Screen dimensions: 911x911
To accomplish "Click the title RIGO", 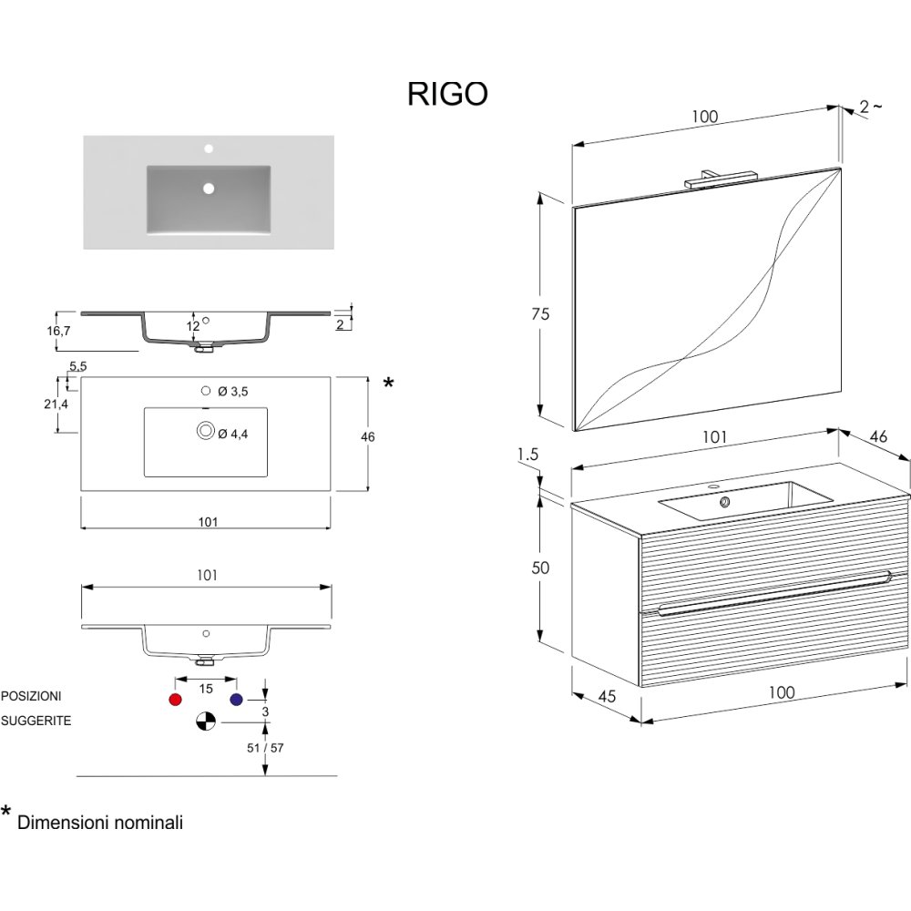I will point(447,95).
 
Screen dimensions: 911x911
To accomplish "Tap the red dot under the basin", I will point(176,700).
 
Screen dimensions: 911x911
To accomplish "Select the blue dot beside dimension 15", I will point(237,700).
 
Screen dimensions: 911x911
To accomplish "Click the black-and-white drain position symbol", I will point(206,722).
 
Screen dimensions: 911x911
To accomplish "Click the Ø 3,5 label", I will point(234,391).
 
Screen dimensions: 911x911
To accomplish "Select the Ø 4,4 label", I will point(234,435).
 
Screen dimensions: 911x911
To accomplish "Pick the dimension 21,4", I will point(56,404).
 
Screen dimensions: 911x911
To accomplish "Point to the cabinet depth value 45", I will point(608,696).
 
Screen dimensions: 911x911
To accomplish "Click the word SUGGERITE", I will point(36,721).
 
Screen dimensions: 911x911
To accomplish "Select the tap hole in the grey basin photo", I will point(209,148).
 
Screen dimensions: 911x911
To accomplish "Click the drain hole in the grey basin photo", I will point(209,189).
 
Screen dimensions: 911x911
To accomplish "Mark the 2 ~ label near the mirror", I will point(870,107).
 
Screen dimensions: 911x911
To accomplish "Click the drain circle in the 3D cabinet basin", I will point(725,501).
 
